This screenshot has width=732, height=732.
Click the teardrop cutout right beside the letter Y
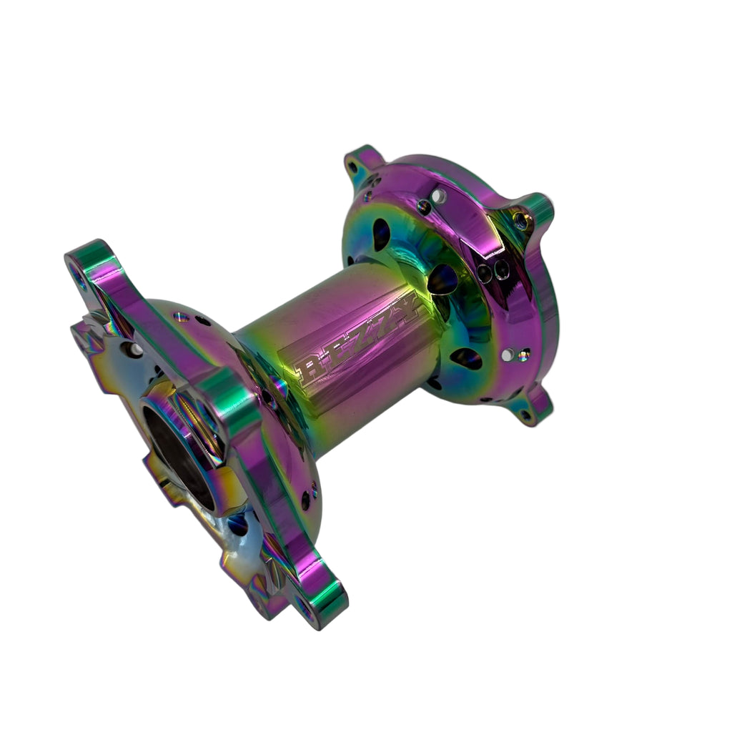click(x=442, y=280)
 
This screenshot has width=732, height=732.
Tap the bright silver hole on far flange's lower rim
click(x=507, y=355)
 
